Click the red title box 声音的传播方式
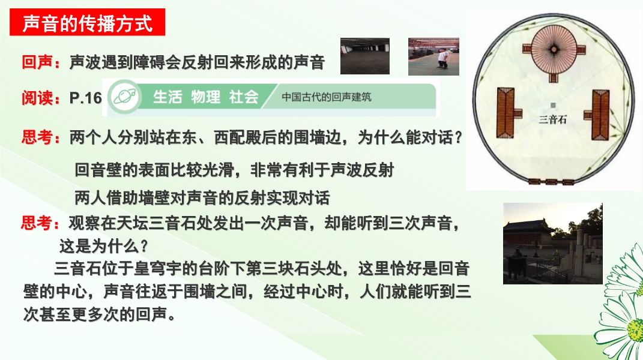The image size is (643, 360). point(87,22)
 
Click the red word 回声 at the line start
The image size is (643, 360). point(37,62)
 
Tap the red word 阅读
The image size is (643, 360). point(37,98)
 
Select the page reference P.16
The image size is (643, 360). point(86,98)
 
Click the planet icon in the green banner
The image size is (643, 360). point(125,97)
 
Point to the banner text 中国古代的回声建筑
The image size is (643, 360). point(327,97)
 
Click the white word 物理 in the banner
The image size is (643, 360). point(205,97)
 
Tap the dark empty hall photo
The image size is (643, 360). point(365,56)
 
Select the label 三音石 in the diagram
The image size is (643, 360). point(553,119)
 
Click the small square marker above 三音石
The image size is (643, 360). point(553,106)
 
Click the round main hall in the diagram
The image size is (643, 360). point(554,49)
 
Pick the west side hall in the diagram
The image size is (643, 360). point(506,113)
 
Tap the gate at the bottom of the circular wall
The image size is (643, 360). point(551,182)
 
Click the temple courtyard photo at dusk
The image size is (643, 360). point(553,244)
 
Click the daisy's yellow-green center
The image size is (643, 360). point(636,329)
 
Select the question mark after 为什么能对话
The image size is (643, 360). point(459,137)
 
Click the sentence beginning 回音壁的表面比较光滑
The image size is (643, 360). point(234,170)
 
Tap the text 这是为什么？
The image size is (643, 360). point(104,246)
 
